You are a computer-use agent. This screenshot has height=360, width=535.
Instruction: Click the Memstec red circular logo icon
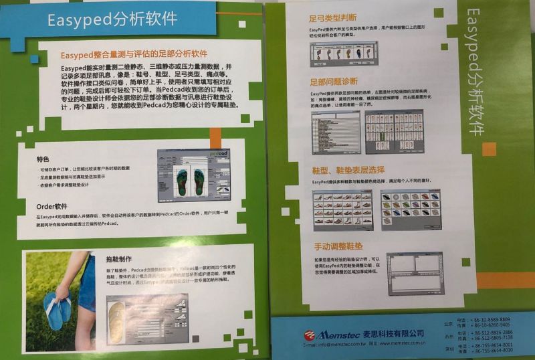click(309, 335)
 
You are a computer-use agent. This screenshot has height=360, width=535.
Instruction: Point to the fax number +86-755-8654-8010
click(494, 351)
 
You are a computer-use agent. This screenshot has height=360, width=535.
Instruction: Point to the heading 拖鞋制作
click(118, 259)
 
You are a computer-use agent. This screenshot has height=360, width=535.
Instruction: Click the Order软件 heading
click(52, 206)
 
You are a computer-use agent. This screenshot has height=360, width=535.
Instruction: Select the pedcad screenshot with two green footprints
click(193, 176)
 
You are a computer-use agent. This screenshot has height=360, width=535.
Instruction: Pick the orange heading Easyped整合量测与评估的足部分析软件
click(134, 54)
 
